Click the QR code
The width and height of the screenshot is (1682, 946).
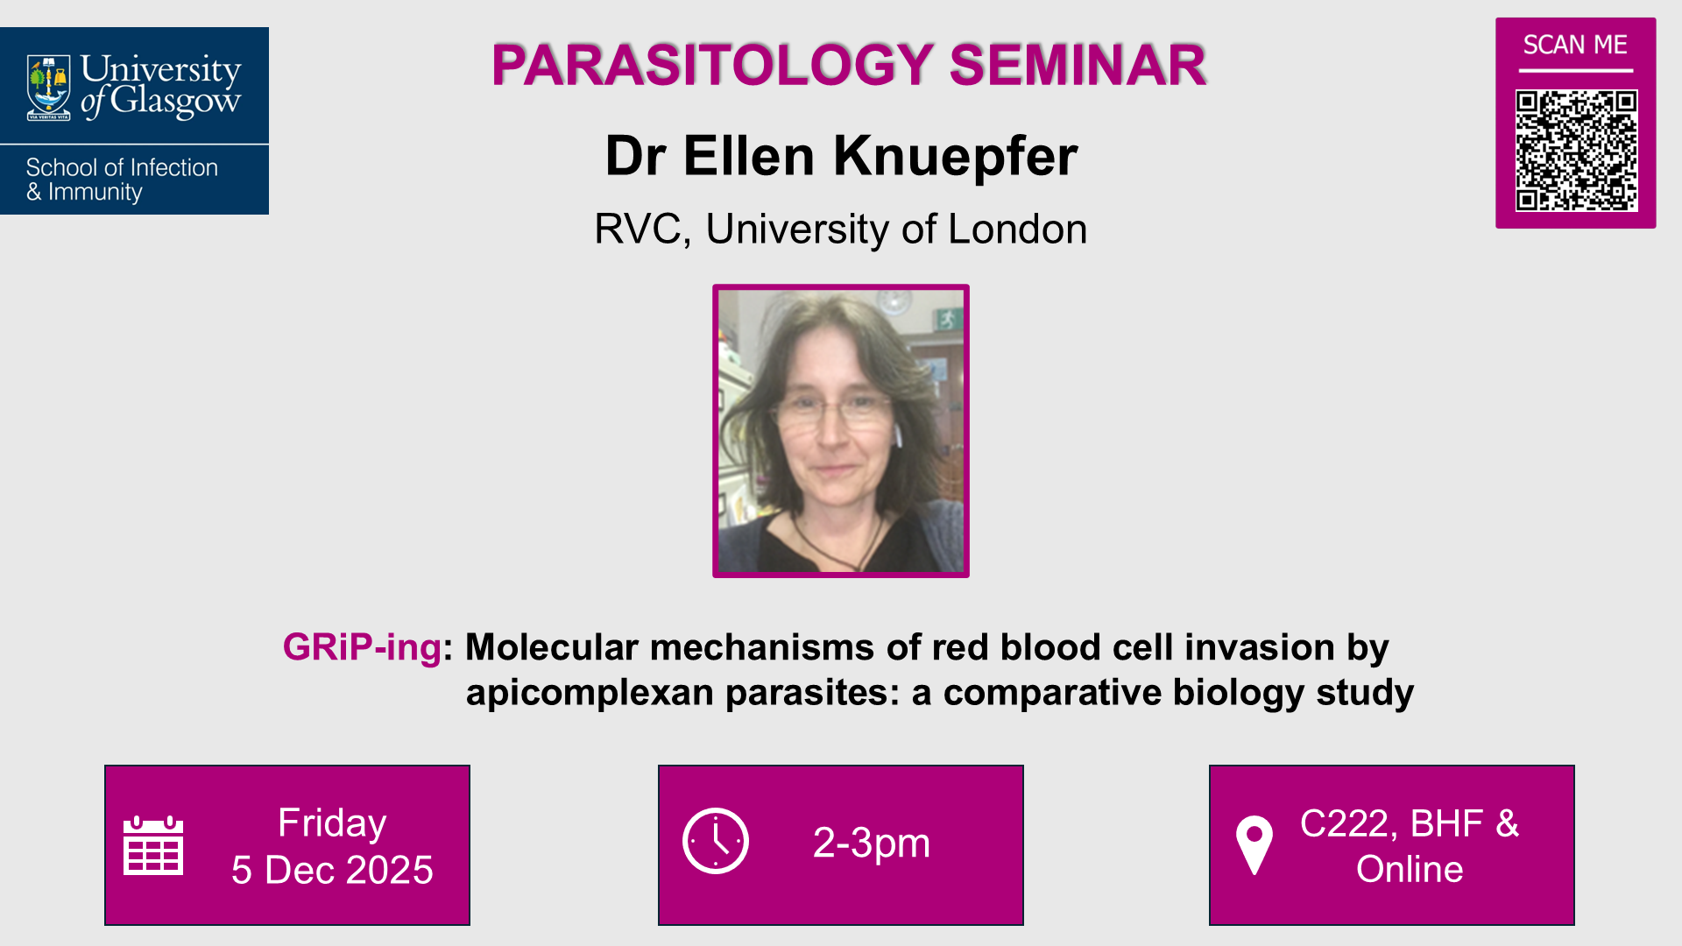[x=1576, y=150]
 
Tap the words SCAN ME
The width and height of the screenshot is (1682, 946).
[x=1575, y=45]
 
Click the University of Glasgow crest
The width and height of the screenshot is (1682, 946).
[x=49, y=87]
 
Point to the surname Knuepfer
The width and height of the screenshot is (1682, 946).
[x=955, y=156]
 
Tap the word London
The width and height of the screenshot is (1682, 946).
[x=1017, y=229]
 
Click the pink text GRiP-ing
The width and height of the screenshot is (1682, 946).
[x=362, y=647]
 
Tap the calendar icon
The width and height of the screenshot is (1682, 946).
[x=153, y=845]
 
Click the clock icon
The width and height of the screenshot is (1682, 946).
[x=716, y=841]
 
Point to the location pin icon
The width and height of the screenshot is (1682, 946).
[x=1254, y=844]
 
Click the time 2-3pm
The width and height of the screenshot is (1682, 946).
[x=871, y=843]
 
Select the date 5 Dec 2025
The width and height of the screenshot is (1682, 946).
[x=332, y=870]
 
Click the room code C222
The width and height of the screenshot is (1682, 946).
[x=1344, y=823]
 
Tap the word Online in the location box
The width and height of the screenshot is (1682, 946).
[x=1410, y=869]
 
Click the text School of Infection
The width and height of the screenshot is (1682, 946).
[x=122, y=167]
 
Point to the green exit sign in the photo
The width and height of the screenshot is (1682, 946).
[x=947, y=321]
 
